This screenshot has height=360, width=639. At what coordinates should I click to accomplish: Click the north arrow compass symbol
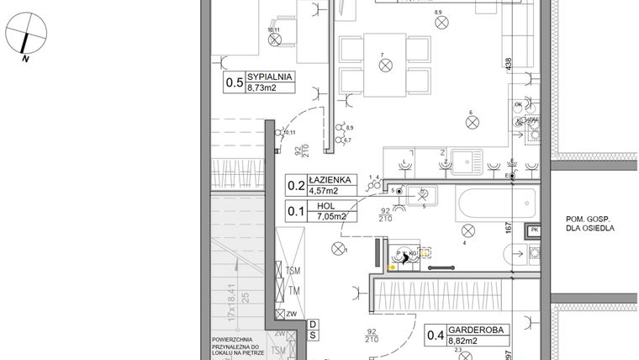point(25,36)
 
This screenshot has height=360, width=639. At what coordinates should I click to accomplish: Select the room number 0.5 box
point(234,82)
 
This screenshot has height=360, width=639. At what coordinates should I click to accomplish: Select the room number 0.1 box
point(296,211)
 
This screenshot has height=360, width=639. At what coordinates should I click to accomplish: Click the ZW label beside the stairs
point(292,315)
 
